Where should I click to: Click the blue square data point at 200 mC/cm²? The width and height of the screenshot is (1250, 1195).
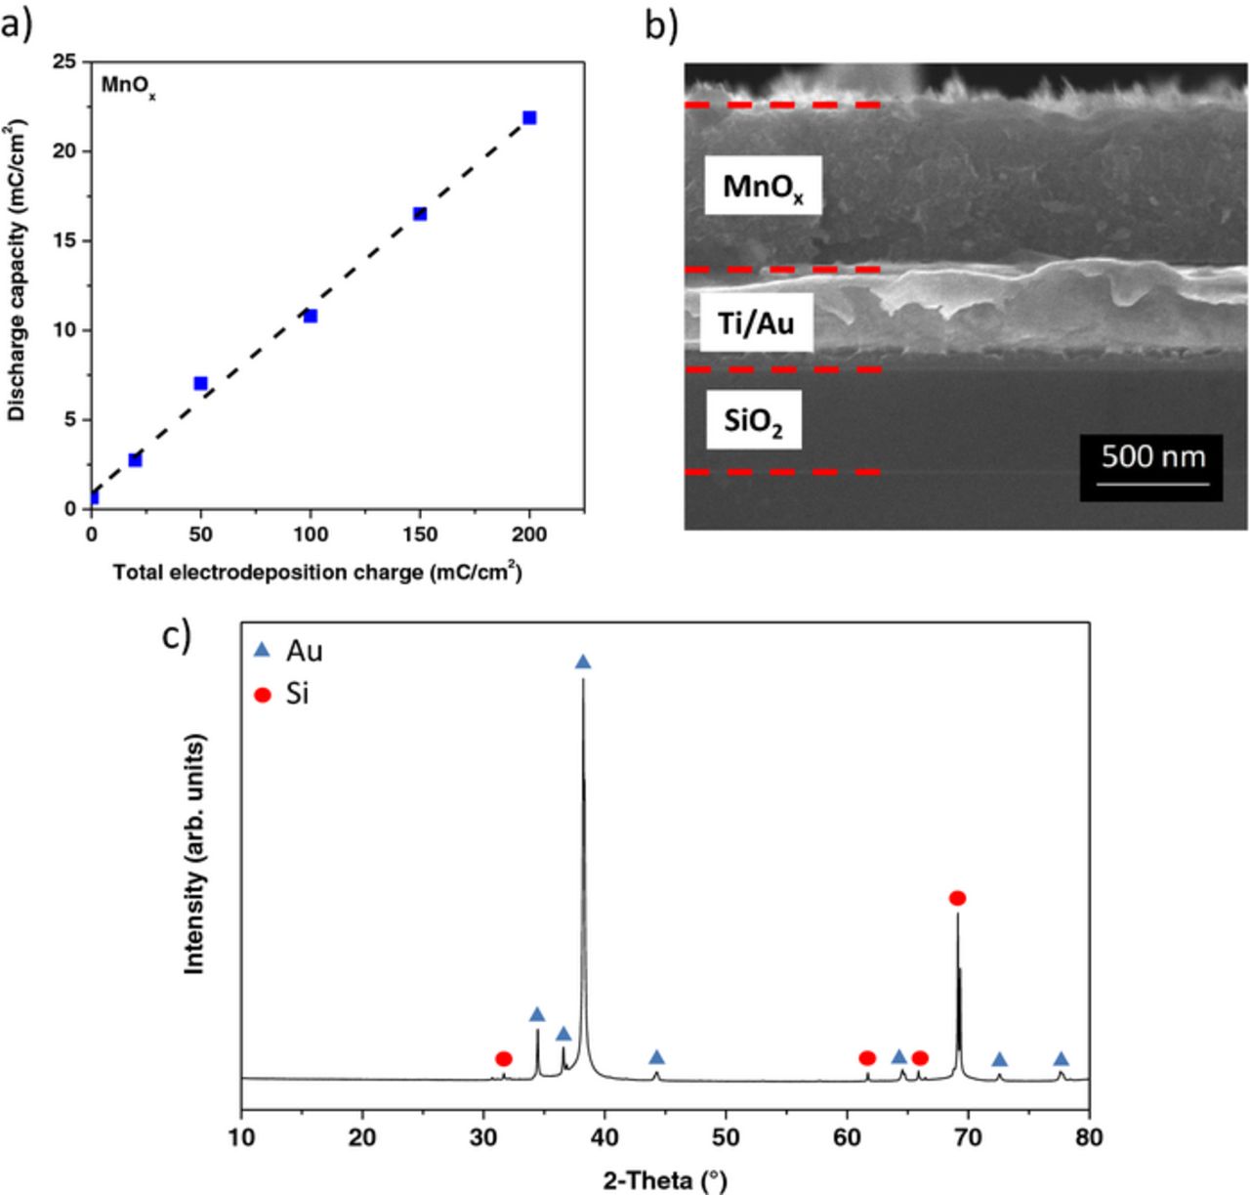(x=529, y=118)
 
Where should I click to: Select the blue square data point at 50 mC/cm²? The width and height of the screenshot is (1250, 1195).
(x=200, y=383)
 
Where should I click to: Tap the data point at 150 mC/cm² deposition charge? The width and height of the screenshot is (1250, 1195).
(x=420, y=214)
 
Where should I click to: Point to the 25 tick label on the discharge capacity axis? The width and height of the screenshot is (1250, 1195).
(x=65, y=62)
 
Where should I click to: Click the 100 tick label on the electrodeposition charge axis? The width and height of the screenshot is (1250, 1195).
(x=311, y=534)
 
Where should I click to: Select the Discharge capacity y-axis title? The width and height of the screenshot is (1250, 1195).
(x=17, y=272)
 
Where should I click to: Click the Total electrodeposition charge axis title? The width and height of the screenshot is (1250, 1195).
(x=317, y=573)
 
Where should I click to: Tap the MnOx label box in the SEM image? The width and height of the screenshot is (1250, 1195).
(x=763, y=187)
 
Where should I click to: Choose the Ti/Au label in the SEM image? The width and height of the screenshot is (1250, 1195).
(x=756, y=322)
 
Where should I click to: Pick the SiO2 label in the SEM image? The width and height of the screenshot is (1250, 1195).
(x=753, y=421)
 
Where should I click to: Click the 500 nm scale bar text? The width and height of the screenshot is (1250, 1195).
(x=1153, y=456)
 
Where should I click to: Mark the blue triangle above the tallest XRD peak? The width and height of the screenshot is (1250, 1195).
(x=583, y=662)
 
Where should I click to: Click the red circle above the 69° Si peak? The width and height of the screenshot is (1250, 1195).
(x=957, y=898)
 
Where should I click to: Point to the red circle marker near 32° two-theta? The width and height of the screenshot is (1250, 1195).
(x=503, y=1058)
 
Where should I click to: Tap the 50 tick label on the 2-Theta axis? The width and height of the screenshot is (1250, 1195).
(x=726, y=1137)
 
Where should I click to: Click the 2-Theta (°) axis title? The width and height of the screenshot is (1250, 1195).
(x=664, y=1180)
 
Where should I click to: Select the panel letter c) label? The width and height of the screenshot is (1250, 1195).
(x=176, y=636)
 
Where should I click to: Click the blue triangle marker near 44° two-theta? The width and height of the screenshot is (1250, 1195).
(x=656, y=1057)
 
